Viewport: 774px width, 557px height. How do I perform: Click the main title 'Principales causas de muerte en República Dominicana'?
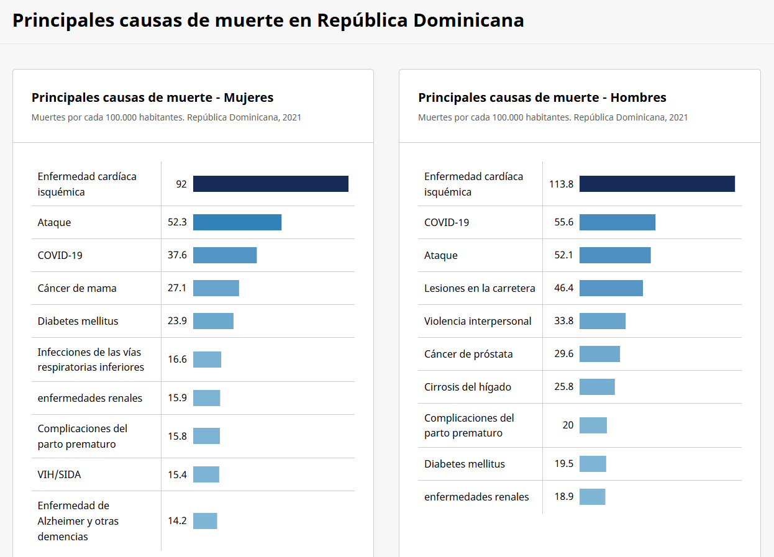(268, 20)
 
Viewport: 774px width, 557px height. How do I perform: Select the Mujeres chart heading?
(152, 97)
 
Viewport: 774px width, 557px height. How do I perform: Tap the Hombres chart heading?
(542, 97)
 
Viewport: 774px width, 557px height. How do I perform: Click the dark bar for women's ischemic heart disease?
(270, 184)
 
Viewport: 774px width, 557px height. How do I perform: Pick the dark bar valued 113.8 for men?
(657, 184)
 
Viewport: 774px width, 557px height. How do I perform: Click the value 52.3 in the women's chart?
(177, 222)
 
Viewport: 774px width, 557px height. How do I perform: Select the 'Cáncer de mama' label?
(77, 288)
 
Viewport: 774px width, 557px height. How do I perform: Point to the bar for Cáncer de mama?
(216, 288)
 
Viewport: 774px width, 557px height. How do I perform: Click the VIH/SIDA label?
(59, 474)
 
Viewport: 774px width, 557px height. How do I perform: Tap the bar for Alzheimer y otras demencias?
(205, 521)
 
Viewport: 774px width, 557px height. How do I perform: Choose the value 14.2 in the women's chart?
(177, 521)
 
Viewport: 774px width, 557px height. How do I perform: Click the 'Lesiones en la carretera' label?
(480, 288)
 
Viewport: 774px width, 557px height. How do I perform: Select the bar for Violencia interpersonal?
(602, 321)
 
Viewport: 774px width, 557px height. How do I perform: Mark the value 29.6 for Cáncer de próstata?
(563, 354)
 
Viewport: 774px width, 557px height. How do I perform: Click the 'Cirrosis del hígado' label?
(467, 387)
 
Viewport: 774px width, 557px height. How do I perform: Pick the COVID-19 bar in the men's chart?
(617, 222)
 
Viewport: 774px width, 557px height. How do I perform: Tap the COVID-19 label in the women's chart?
(60, 255)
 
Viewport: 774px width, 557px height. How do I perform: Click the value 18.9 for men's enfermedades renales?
(563, 497)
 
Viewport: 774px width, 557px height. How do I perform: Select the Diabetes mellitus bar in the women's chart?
(213, 321)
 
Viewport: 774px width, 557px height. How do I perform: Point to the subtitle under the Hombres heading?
(552, 117)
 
